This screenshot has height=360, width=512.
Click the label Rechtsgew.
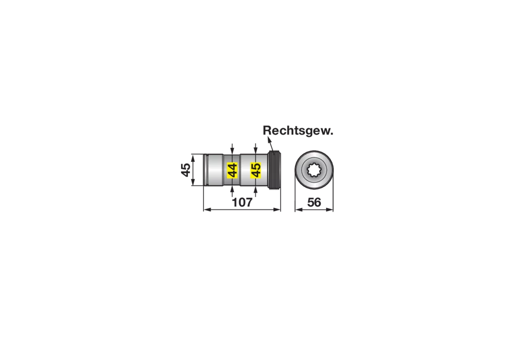tap(298, 131)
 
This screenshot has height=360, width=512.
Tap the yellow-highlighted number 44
tap(232, 170)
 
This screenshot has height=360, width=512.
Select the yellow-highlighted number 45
tap(256, 170)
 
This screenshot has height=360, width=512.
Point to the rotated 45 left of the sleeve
tap(186, 170)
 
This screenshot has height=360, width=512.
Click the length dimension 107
tap(242, 202)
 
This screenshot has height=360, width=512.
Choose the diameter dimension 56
tap(314, 202)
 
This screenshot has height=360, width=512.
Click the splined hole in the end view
tap(314, 170)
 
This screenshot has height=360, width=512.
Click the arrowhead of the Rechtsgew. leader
tap(269, 140)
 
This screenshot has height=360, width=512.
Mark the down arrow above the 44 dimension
tap(232, 151)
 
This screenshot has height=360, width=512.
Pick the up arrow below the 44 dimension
tap(232, 190)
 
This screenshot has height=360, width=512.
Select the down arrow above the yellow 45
tap(256, 151)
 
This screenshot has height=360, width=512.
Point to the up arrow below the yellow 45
tap(256, 190)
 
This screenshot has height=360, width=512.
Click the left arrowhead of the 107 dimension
tap(207, 210)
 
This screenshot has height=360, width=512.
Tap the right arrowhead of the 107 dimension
tap(277, 210)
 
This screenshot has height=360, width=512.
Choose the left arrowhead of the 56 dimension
tap(298, 210)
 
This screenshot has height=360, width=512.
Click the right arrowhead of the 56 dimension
tap(330, 210)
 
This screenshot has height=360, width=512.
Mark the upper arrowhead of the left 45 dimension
tap(193, 158)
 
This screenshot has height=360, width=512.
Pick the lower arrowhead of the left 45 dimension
tap(193, 182)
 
